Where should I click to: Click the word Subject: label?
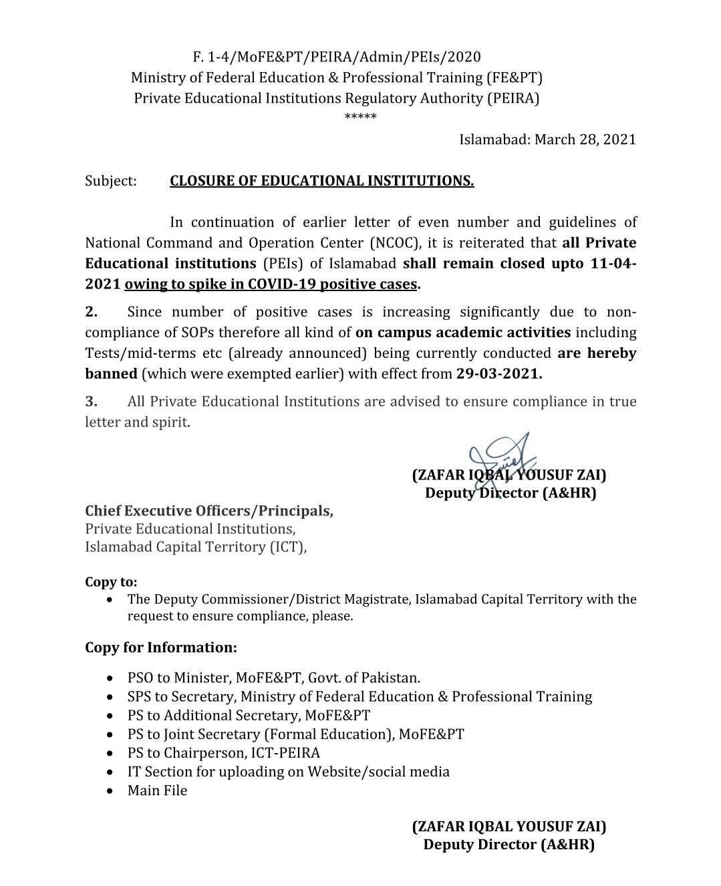pos(110,181)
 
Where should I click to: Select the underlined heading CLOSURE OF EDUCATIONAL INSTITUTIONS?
pos(321,181)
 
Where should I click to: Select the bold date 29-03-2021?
pos(499,374)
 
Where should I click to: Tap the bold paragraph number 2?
pos(92,312)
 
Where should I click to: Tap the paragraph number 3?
pos(92,401)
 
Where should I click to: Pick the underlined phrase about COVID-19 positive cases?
pos(271,284)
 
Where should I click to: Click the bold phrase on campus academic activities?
pos(463,333)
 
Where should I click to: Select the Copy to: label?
pos(111,582)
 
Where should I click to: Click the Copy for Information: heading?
pos(160,648)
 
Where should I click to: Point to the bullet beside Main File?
pos(110,791)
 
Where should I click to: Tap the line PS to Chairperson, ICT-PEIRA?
pos(224,753)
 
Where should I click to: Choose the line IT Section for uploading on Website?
pos(288,772)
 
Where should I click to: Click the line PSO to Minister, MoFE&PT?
pos(274,678)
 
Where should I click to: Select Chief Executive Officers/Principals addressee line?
pos(208,511)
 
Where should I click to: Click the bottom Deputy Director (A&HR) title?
pos(509,845)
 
